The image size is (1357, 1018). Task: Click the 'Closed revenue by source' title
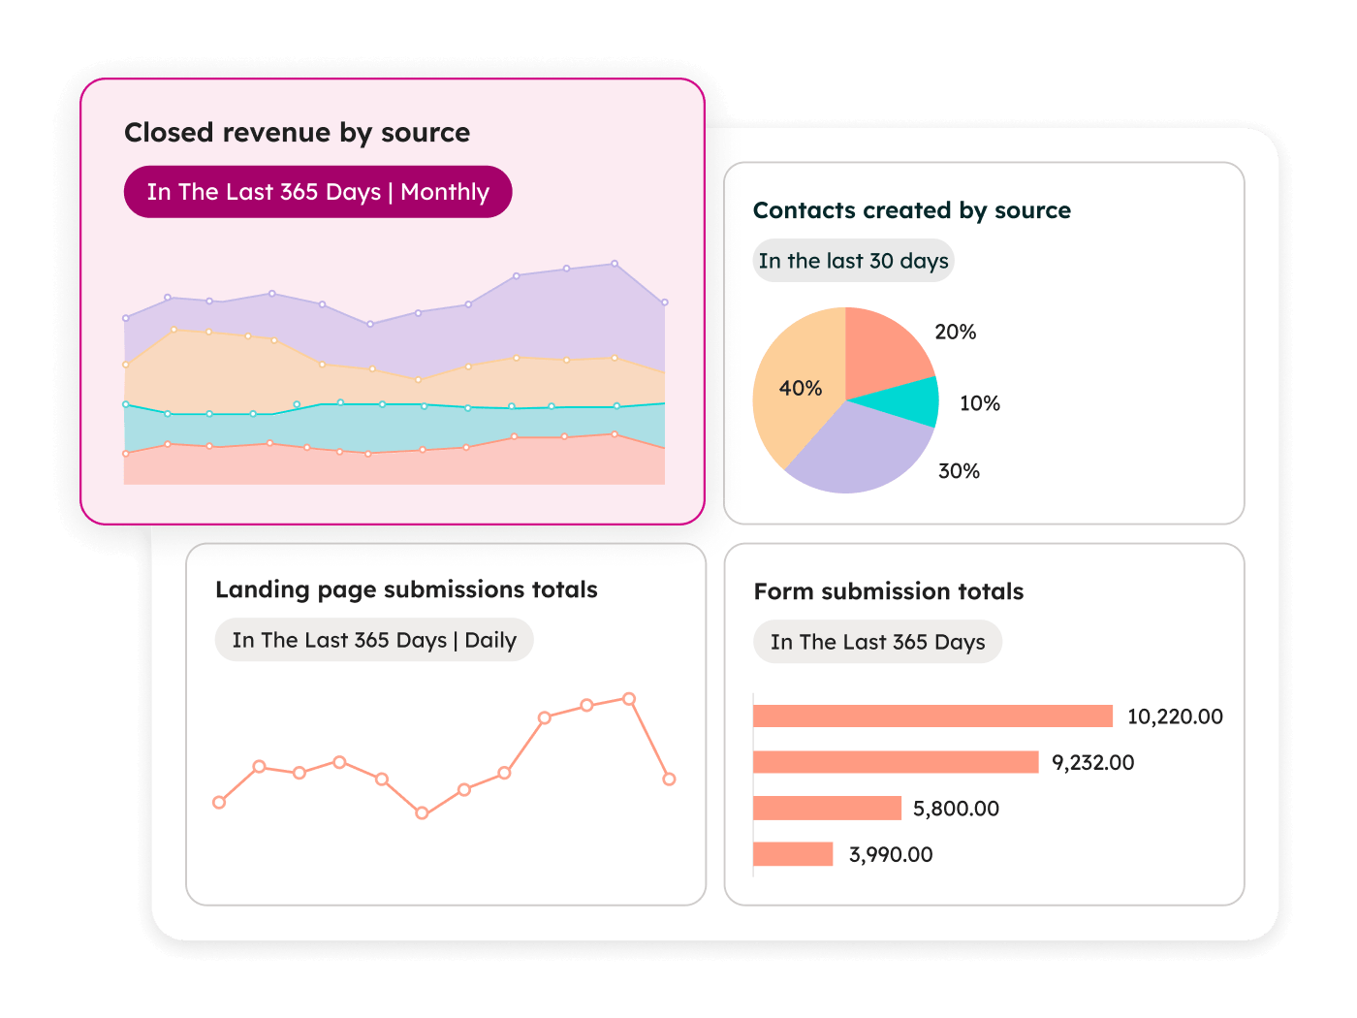(297, 133)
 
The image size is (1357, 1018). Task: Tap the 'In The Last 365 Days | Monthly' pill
(318, 192)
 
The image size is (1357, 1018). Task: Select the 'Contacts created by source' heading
(911, 210)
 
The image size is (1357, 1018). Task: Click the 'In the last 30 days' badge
(853, 261)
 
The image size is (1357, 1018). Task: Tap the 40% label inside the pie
(801, 389)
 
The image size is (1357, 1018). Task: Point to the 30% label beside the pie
(959, 471)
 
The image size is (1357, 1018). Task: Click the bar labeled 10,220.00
(932, 716)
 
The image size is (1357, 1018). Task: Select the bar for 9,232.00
(896, 762)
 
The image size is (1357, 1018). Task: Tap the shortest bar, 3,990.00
(793, 854)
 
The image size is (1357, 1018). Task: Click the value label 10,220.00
(1175, 716)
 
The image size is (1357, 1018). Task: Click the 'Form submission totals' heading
(888, 591)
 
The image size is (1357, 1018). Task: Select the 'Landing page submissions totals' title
(406, 589)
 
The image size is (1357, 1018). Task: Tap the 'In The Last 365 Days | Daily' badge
(374, 640)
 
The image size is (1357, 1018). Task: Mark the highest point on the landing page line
(629, 699)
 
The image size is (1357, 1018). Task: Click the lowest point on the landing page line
(422, 813)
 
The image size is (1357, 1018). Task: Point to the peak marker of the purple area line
(615, 264)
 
